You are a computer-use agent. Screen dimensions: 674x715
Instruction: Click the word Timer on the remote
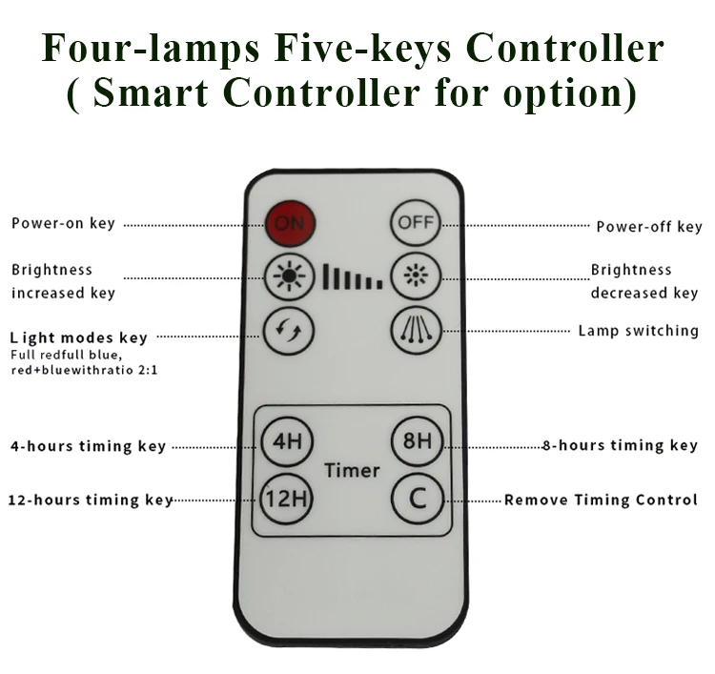[352, 470]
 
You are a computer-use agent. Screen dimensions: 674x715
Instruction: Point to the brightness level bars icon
[352, 277]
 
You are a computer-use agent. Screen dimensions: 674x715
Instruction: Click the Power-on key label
[63, 223]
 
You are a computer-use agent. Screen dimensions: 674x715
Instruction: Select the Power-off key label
[648, 226]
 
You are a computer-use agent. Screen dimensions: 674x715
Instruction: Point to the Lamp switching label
[638, 331]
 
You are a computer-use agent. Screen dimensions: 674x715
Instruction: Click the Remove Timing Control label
[601, 500]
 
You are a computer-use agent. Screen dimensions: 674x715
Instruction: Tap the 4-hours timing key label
[88, 445]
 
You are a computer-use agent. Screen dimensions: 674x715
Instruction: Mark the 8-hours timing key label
[621, 445]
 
